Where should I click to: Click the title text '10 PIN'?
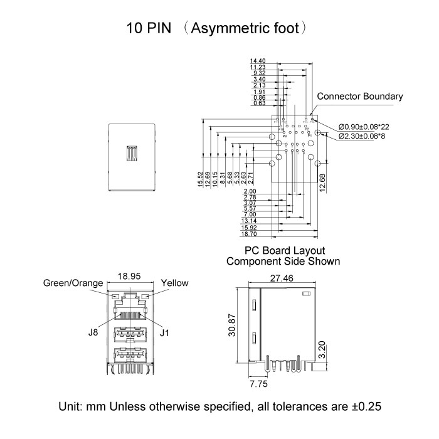pyautogui.click(x=149, y=28)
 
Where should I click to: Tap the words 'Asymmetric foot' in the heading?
pyautogui.click(x=249, y=28)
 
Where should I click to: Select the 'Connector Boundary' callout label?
pyautogui.click(x=360, y=97)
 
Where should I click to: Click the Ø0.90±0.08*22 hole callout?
pyautogui.click(x=368, y=125)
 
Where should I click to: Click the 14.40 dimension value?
pyautogui.click(x=258, y=60)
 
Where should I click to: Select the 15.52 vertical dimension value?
pyautogui.click(x=200, y=179)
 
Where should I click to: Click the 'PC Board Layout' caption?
pyautogui.click(x=283, y=251)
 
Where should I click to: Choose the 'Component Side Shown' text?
pyautogui.click(x=283, y=262)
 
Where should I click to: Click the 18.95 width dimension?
pyautogui.click(x=131, y=277)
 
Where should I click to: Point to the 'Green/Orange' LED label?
pyautogui.click(x=73, y=283)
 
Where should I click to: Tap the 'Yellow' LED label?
pyautogui.click(x=174, y=283)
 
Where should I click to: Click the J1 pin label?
pyautogui.click(x=165, y=333)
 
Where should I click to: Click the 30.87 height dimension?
pyautogui.click(x=233, y=326)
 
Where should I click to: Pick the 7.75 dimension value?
pyautogui.click(x=258, y=383)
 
